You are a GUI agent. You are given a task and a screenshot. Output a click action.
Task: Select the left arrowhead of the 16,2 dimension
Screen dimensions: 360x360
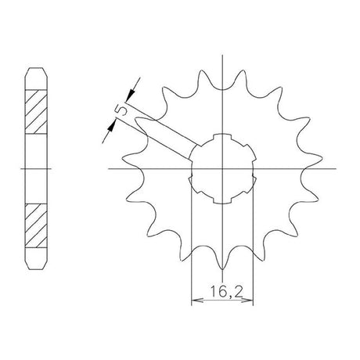197,301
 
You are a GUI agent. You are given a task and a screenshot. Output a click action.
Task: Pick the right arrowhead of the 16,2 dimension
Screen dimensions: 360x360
247,301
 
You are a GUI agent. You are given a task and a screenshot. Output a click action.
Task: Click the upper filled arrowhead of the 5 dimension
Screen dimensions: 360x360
131,95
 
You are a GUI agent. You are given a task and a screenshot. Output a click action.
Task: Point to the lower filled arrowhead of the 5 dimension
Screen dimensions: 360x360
112,127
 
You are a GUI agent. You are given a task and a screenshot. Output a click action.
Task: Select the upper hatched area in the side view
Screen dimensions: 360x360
36,112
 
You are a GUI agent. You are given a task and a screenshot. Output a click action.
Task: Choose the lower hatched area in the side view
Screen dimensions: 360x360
36,225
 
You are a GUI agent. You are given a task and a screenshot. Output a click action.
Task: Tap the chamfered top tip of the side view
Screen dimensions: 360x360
36,68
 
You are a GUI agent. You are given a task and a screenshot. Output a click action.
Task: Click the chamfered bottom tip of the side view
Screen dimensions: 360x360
36,269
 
